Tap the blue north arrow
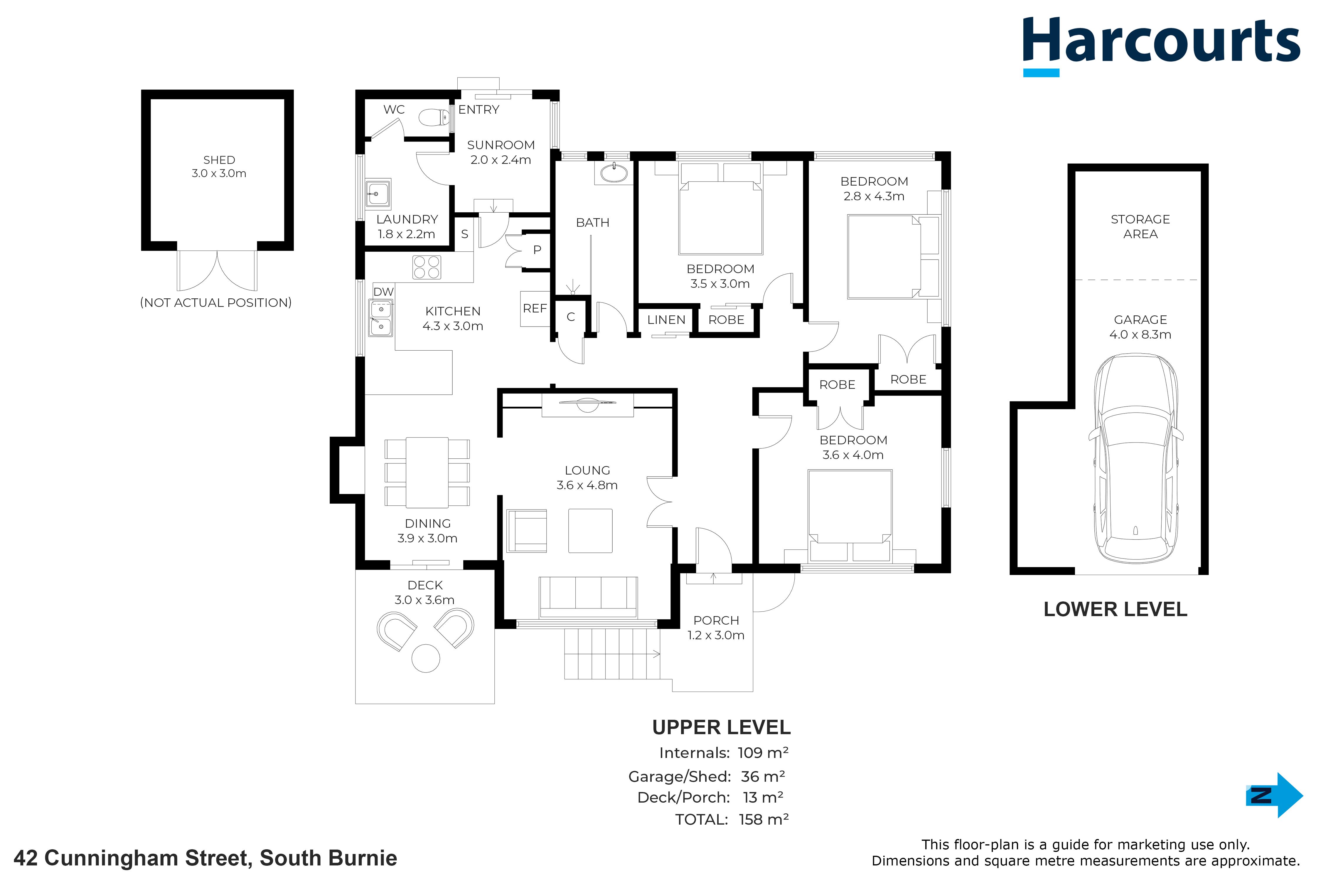tap(1274, 795)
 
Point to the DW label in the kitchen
tap(384, 292)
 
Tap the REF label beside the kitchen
tap(535, 308)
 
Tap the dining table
tap(427, 473)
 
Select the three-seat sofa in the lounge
tap(588, 597)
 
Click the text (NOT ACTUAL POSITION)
tap(216, 303)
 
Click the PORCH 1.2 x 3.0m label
tap(716, 628)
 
